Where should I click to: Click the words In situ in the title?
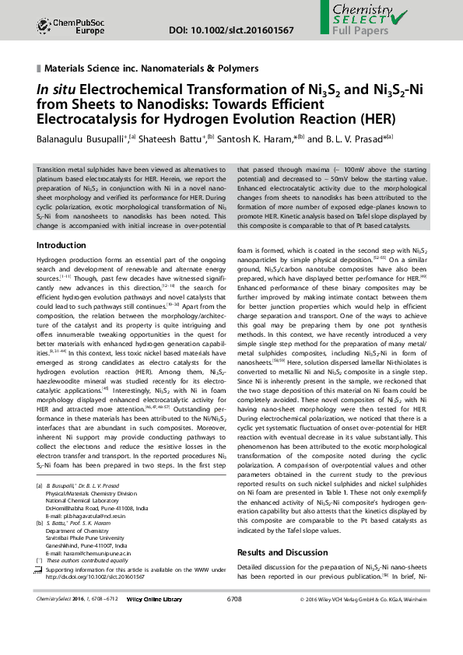(57, 89)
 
